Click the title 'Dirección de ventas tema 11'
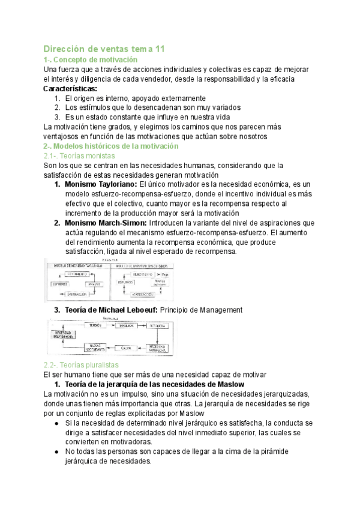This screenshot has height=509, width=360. [x=104, y=49]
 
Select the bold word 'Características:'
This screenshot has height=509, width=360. [x=71, y=89]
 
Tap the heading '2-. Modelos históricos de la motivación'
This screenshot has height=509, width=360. [x=112, y=146]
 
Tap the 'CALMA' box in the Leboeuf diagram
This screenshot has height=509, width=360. [x=127, y=348]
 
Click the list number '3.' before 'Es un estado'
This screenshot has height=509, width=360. [x=58, y=117]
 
